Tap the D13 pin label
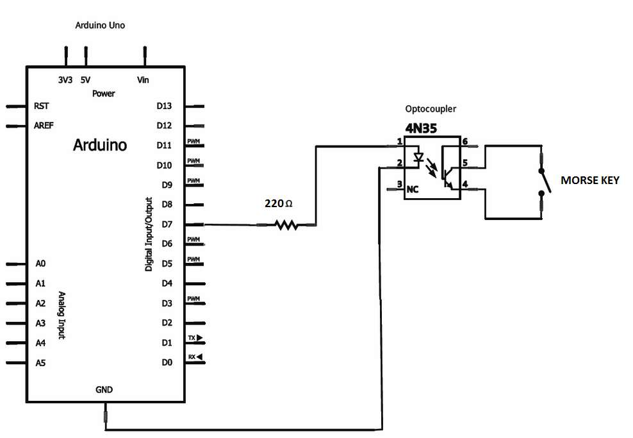165,106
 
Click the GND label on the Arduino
104,390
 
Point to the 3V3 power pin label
65,80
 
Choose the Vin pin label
144,80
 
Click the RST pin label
41,106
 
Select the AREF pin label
44,126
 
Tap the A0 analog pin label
40,264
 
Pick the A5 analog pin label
40,363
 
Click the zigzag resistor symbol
286,225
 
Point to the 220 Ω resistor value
279,204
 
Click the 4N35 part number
421,128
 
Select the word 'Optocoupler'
431,110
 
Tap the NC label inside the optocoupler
413,190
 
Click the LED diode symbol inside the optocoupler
419,157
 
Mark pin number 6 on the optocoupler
465,141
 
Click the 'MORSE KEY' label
589,181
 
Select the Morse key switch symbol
543,181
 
